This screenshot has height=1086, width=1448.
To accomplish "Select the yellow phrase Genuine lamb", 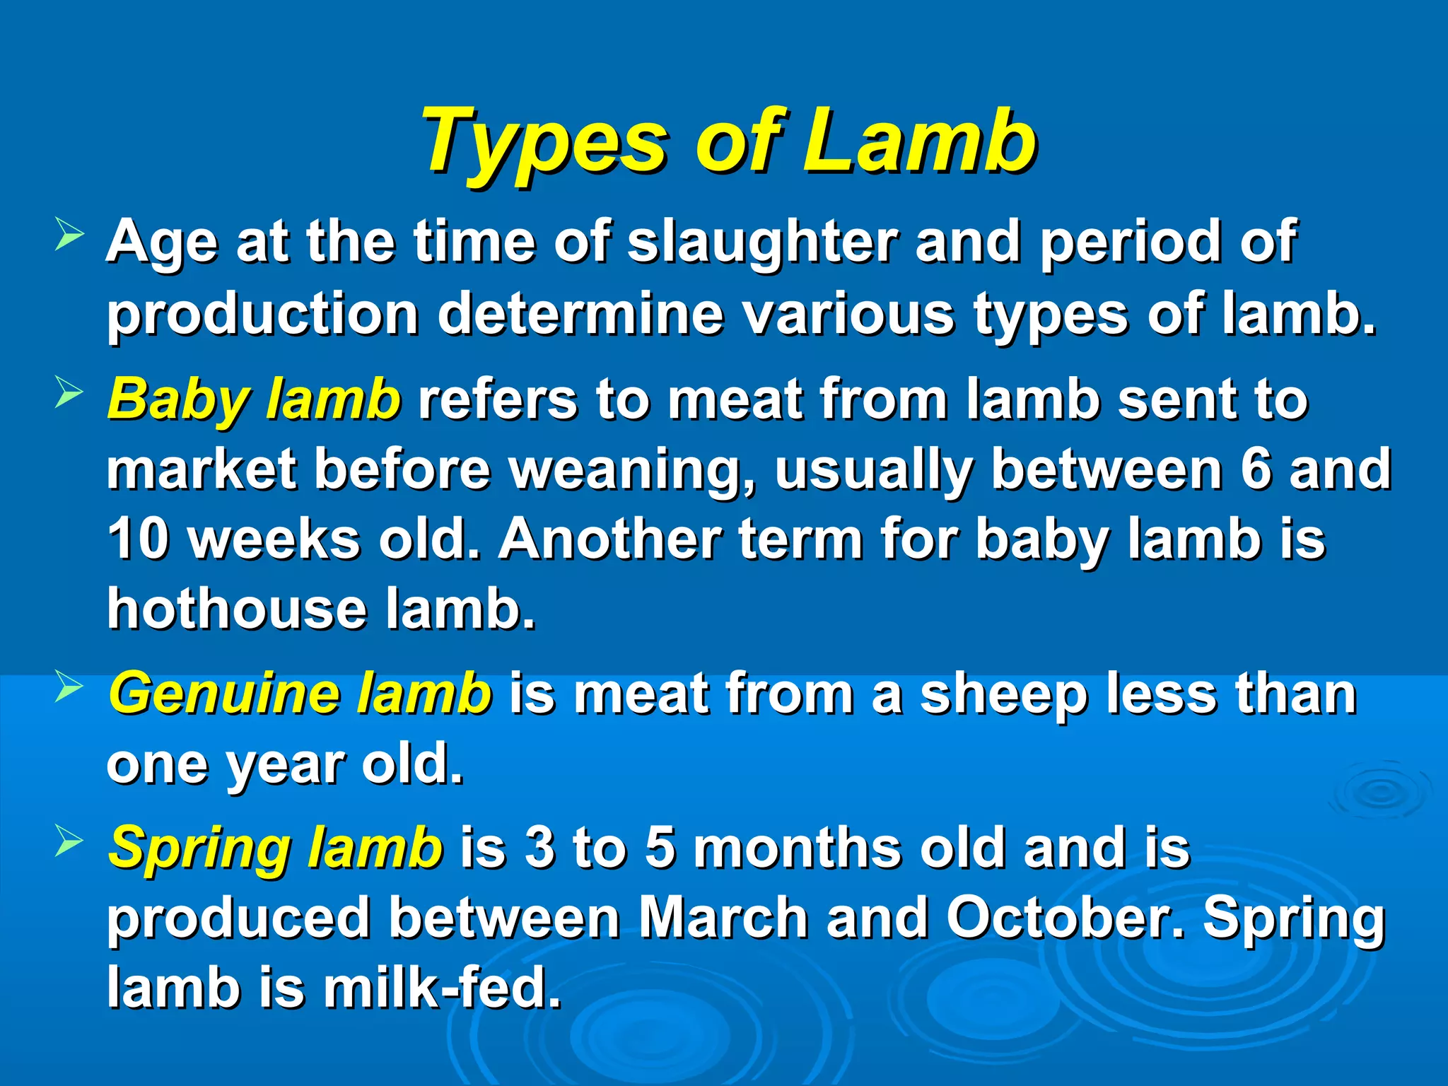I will point(300,694).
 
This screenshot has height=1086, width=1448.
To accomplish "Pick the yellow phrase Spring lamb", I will point(276,847).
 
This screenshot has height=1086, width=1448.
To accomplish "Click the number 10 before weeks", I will point(139,539).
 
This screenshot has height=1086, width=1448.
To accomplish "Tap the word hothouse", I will point(237,609).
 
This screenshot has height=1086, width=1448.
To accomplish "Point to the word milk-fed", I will point(442,988).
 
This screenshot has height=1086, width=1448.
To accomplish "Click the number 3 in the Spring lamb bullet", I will point(539,847).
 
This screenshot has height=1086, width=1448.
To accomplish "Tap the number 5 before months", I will point(660,847).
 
